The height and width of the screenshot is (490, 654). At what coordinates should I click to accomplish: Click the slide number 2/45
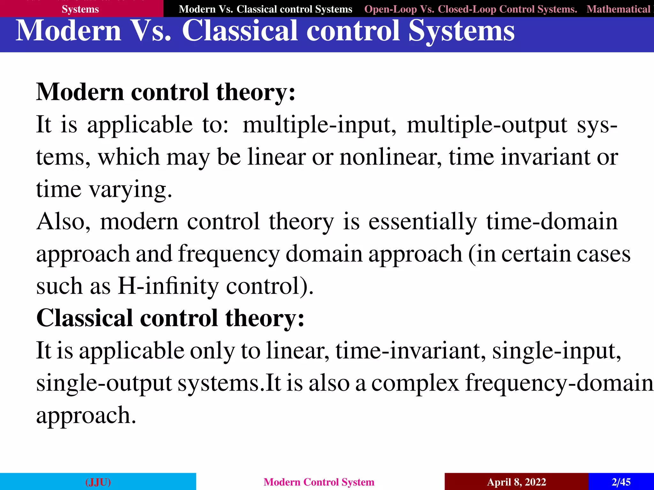[x=621, y=482]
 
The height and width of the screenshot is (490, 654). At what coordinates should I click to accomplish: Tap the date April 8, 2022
[x=516, y=482]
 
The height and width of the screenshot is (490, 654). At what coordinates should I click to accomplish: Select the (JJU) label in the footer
[x=98, y=482]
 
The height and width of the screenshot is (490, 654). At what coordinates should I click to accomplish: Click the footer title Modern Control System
[x=319, y=482]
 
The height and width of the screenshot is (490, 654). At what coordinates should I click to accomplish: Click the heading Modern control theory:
[x=166, y=92]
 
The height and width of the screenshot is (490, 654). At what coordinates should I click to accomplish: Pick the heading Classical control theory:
[x=170, y=318]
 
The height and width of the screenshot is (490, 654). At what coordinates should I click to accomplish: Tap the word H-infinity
[x=168, y=286]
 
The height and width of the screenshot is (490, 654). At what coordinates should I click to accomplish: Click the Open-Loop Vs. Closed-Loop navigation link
[x=471, y=9]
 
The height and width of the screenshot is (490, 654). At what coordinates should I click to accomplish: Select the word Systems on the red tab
[x=80, y=9]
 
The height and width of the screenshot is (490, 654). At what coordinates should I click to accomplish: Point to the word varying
[x=131, y=189]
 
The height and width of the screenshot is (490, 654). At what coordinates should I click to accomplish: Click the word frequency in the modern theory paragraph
[x=229, y=254]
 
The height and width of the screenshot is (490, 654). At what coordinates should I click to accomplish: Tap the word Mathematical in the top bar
[x=618, y=9]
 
